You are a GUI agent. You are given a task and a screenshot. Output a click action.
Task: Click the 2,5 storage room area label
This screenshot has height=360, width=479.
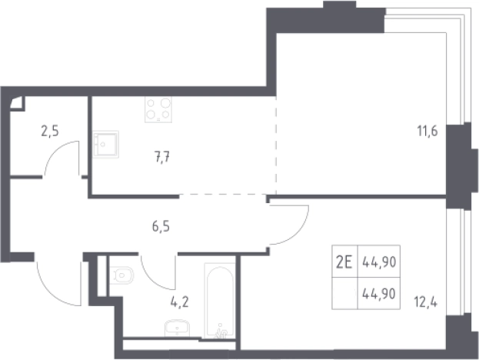click(50, 132)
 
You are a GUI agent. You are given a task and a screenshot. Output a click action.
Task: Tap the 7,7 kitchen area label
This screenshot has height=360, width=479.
click(162, 158)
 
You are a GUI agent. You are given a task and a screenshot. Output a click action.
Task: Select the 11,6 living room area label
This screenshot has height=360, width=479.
click(427, 132)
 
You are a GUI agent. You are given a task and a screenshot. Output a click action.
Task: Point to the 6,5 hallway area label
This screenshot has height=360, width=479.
click(161, 227)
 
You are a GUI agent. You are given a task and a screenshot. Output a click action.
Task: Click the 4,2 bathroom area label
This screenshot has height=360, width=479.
click(180, 302)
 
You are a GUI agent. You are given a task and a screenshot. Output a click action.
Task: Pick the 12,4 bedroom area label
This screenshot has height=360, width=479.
click(425, 302)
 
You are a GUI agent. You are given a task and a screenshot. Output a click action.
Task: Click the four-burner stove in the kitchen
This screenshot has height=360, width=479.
click(158, 109)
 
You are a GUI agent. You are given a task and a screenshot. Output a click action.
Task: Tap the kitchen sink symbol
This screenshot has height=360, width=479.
click(105, 145)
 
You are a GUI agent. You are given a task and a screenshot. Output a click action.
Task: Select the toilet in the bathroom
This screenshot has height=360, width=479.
click(121, 275)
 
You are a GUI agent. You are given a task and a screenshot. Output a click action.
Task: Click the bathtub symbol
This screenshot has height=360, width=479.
click(220, 301)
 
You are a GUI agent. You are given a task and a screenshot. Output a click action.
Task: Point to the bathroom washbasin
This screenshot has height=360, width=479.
click(177, 328)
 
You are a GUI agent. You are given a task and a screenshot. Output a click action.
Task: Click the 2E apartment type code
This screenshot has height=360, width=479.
click(344, 262)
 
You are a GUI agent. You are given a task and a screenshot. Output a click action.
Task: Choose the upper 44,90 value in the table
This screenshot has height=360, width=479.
click(379, 262)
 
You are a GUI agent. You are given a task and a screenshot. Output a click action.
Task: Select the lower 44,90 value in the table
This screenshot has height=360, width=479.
click(379, 294)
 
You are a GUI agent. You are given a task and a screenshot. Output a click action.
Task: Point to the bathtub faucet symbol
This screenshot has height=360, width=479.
click(221, 332)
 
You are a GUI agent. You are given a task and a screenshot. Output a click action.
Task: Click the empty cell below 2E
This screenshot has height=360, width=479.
click(345, 293)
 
